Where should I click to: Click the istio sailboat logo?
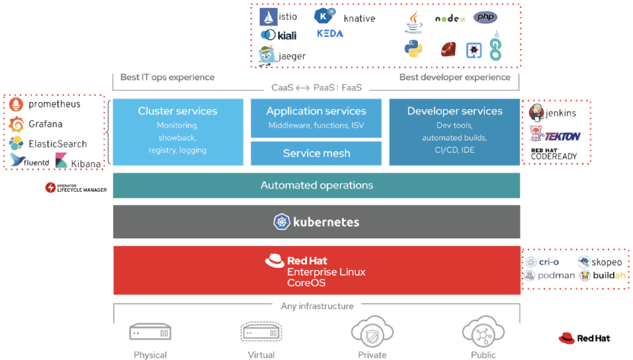tap(268, 17)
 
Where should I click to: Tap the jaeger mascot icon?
tap(267, 55)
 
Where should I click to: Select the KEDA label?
tap(330, 33)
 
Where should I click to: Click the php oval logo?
tap(485, 17)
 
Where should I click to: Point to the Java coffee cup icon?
tap(414, 21)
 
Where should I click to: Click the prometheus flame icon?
tap(17, 105)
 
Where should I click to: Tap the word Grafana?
tap(45, 124)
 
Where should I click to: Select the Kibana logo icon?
tap(61, 162)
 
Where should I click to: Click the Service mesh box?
tap(316, 153)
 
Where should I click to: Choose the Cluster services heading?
tap(177, 111)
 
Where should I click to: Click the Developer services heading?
tap(454, 111)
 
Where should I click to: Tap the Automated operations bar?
tap(316, 185)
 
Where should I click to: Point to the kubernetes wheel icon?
tap(282, 221)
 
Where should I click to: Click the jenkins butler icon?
tap(537, 113)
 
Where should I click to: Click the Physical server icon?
tap(150, 333)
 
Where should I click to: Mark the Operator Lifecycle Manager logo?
tap(51, 187)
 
